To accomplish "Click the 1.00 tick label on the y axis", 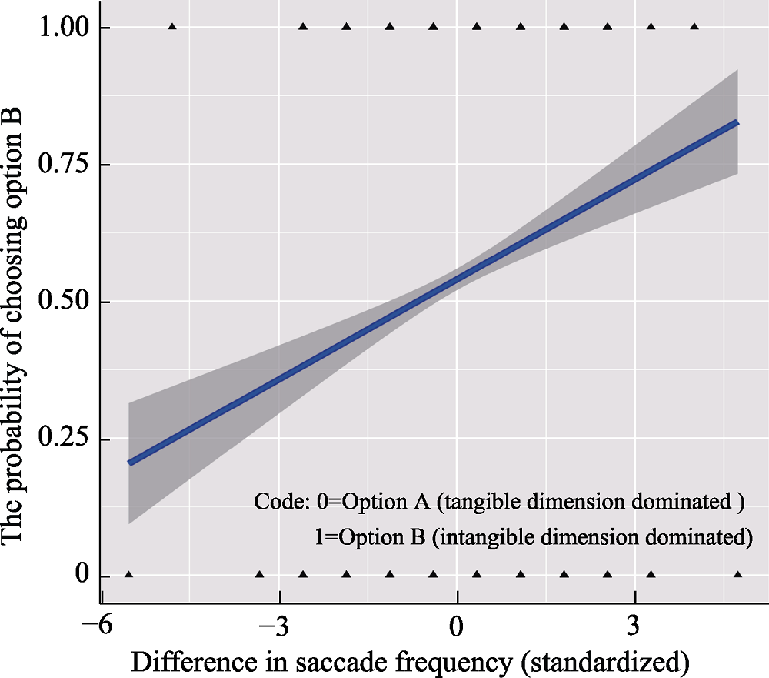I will tap(62, 28).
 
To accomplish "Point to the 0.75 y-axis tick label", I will tap(62, 165).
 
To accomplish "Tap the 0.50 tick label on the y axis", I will tap(62, 302).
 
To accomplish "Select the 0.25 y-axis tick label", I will tap(62, 439).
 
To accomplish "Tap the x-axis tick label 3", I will tap(634, 625).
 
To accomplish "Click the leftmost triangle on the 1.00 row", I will tap(171, 27).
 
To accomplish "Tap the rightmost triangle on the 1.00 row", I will tap(694, 27).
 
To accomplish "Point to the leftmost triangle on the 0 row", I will tap(128, 575).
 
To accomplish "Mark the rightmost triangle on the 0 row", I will tap(738, 575).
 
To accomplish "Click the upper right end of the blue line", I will tap(737, 122).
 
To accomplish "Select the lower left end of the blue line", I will tap(130, 463).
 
